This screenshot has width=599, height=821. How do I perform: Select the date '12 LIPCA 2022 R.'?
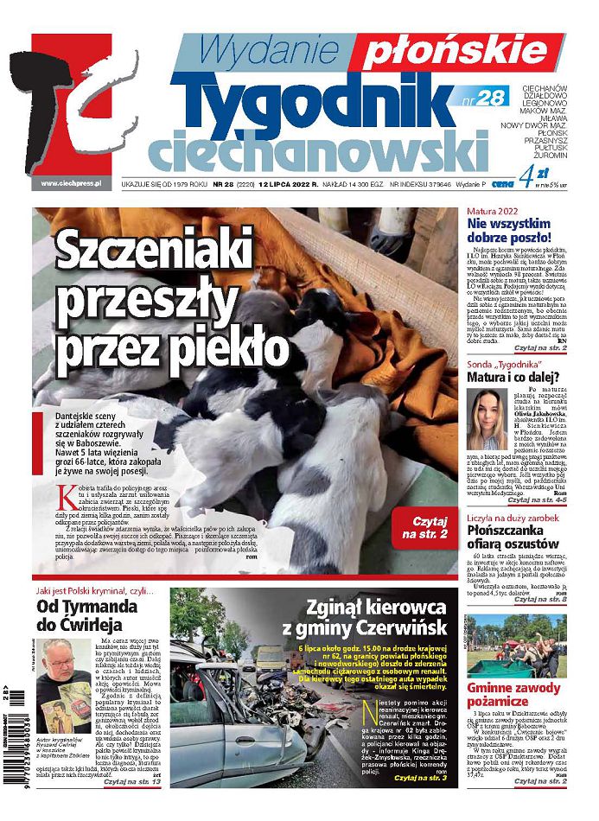[282, 184]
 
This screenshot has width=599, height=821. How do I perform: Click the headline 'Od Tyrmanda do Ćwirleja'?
[88, 616]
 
